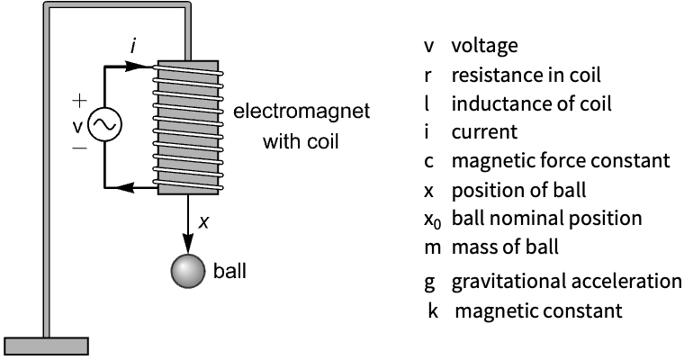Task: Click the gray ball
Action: pyautogui.click(x=188, y=272)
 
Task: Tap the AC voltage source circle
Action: pyautogui.click(x=104, y=127)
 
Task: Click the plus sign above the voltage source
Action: pyautogui.click(x=80, y=101)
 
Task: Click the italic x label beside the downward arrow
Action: pyautogui.click(x=204, y=220)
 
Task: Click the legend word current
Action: pyautogui.click(x=484, y=132)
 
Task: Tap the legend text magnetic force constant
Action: pyautogui.click(x=560, y=161)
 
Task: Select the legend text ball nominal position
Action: pyautogui.click(x=546, y=219)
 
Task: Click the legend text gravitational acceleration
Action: pyautogui.click(x=566, y=281)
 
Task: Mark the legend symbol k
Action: pyautogui.click(x=433, y=312)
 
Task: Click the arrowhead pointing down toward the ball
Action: pyautogui.click(x=188, y=240)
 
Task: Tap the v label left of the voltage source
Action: pyautogui.click(x=78, y=126)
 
